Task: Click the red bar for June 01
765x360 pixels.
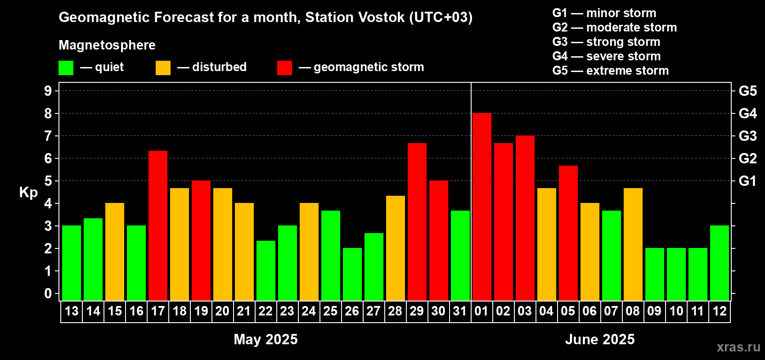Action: coord(482,207)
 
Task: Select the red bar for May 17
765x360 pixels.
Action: coord(158,225)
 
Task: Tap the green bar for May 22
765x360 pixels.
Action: coord(266,270)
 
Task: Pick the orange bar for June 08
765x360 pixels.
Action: coord(633,244)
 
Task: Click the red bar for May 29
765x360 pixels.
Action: coord(417,222)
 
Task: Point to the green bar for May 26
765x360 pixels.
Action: coord(352,274)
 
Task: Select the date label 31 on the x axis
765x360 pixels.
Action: coord(460,311)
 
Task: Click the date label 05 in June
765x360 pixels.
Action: coord(568,311)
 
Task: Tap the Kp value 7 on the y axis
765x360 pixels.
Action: coord(48,136)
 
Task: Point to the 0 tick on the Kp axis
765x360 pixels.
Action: coord(48,293)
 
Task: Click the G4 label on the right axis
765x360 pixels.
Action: coord(748,113)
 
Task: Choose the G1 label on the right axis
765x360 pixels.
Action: coord(748,181)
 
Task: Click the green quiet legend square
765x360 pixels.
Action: coord(66,67)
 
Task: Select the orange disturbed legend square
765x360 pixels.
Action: coord(163,67)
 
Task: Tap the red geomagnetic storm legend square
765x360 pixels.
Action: coord(285,67)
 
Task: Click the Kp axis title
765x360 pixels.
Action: coord(28,192)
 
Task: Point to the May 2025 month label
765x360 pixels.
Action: coord(265,339)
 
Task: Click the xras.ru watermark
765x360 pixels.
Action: coord(738,347)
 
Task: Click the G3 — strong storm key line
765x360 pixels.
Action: coord(606,42)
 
